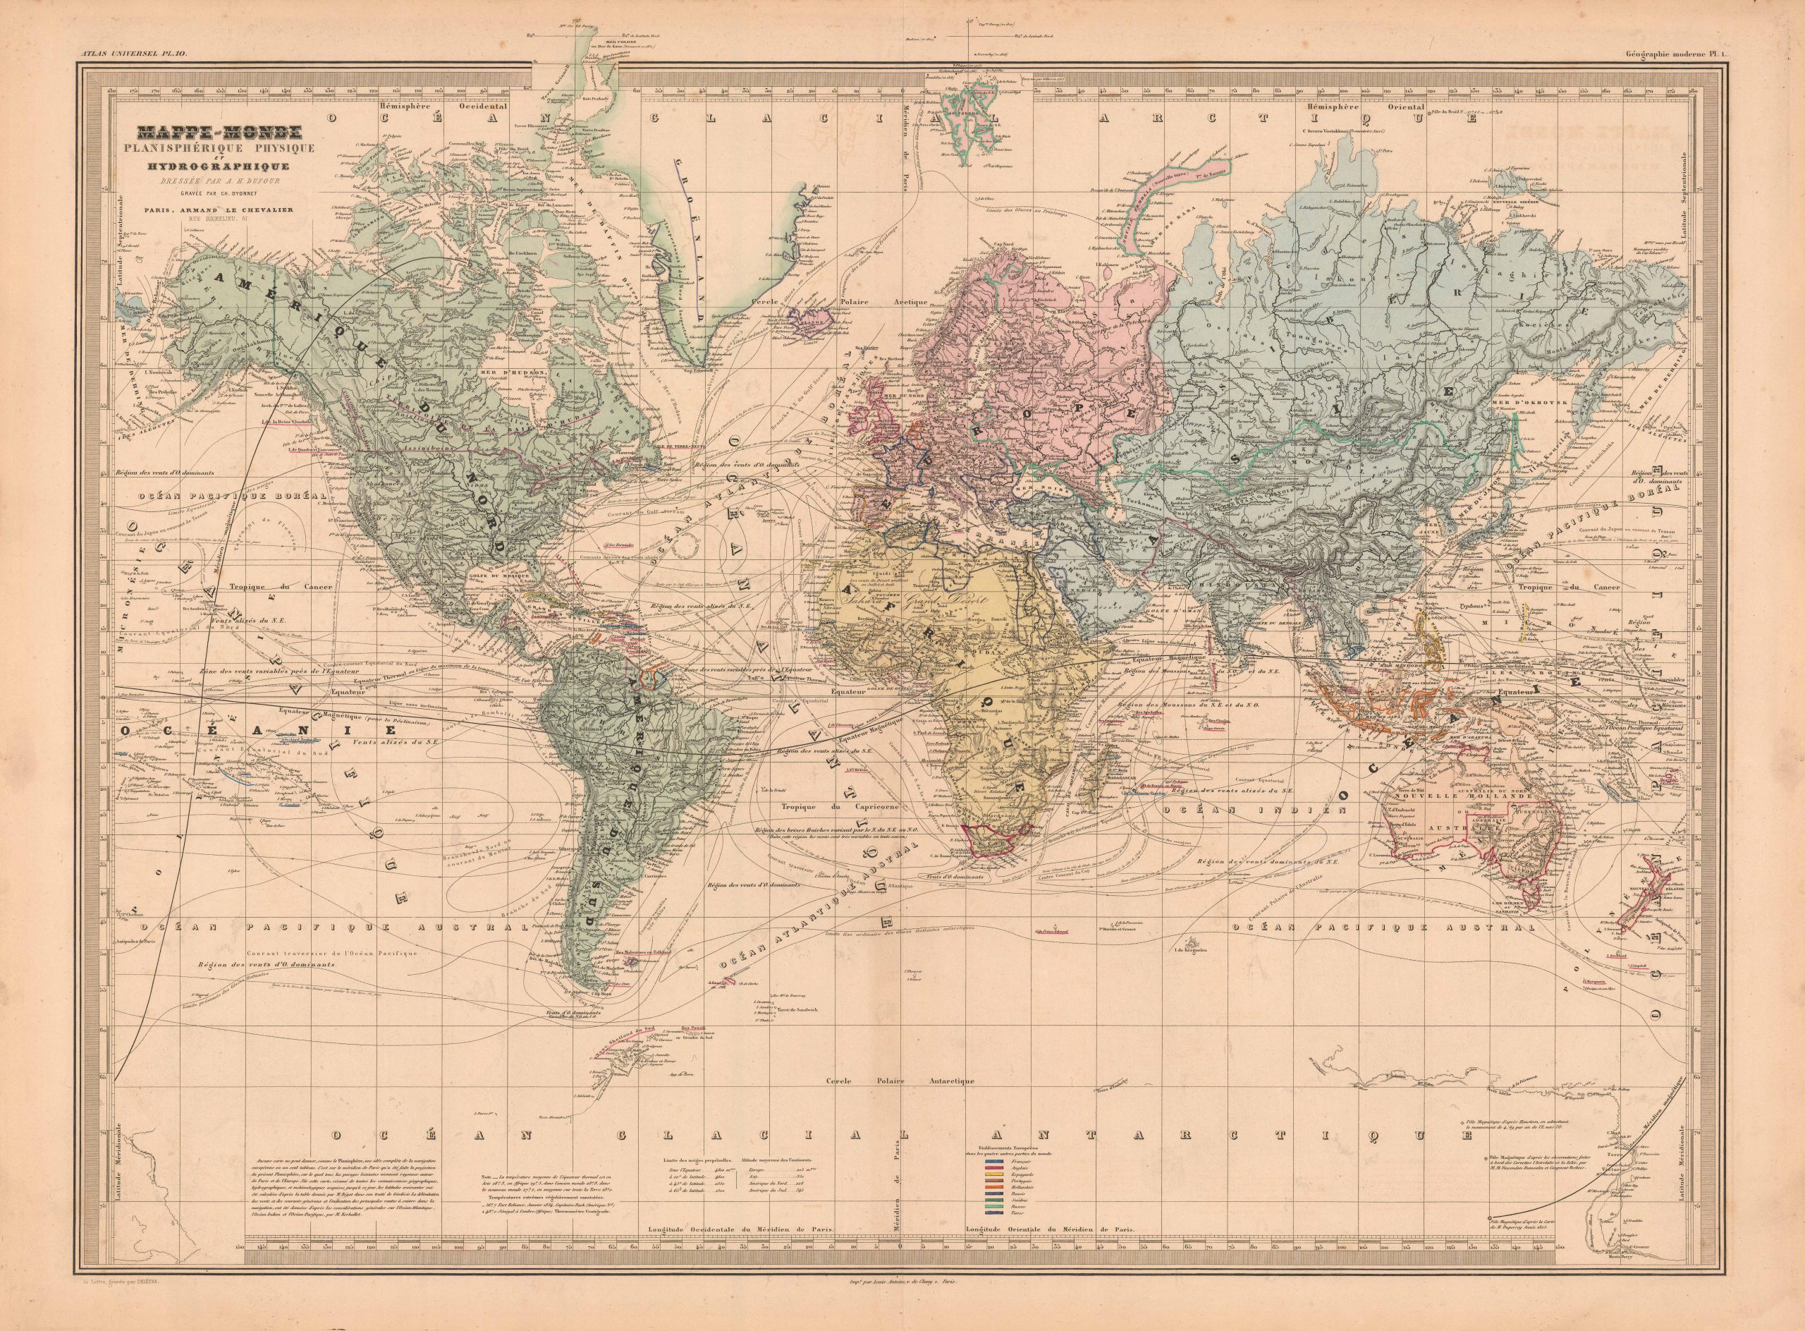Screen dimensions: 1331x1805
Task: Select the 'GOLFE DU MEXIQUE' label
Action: [x=506, y=578]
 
